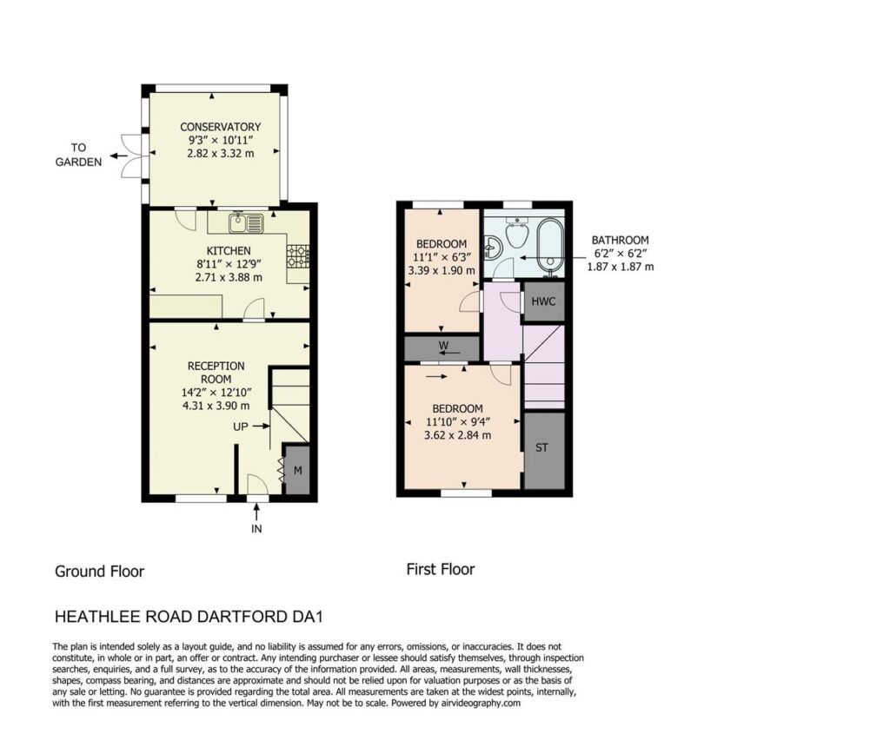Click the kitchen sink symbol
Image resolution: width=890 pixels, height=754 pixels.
point(246,222)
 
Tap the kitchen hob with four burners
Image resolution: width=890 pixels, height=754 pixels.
point(298,256)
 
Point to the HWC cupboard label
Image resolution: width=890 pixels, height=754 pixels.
point(543,301)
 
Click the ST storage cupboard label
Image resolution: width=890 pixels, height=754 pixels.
point(542,447)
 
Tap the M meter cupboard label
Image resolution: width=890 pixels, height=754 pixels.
point(297,470)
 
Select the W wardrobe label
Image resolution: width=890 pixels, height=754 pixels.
point(443,345)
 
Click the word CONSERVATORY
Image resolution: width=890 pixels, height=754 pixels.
point(220,127)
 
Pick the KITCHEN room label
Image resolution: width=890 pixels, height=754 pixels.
point(229,251)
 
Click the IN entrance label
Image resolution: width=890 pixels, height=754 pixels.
point(256,529)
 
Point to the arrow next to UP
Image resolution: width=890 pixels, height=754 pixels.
point(261,426)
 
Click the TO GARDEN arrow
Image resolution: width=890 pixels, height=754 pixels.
point(118,155)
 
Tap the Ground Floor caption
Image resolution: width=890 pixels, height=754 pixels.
point(99,572)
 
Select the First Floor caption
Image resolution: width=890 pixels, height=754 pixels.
point(441,569)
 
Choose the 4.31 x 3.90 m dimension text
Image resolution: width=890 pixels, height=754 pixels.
point(216,406)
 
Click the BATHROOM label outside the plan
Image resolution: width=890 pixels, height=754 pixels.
point(620,240)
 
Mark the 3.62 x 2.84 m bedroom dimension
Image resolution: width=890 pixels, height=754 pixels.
point(457,435)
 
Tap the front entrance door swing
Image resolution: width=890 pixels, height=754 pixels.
point(258,484)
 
